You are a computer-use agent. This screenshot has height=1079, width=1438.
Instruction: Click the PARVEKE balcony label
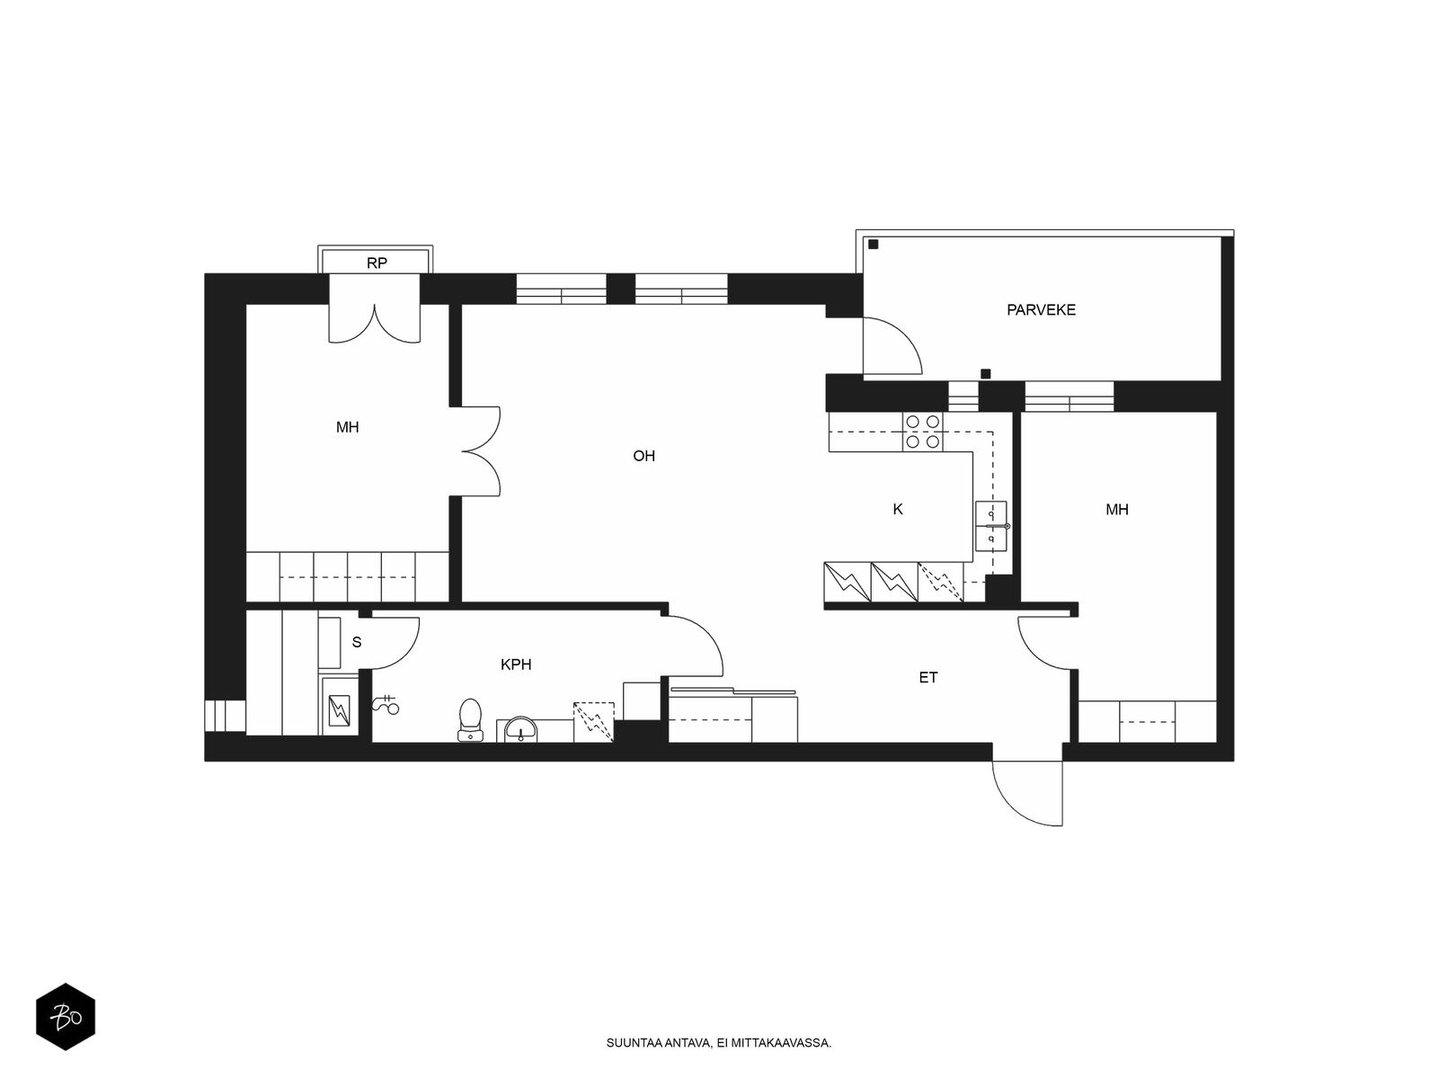[x=1041, y=310]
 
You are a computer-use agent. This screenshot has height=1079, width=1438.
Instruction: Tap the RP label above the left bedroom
[x=377, y=263]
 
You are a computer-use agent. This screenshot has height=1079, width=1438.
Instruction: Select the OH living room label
[x=644, y=456]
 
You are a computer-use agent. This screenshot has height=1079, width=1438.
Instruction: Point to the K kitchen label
[x=898, y=509]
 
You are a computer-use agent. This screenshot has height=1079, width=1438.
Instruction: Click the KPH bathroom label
[x=516, y=664]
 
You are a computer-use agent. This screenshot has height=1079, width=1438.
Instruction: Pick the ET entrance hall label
[x=928, y=677]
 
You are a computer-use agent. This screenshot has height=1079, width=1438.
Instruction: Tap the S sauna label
[x=357, y=642]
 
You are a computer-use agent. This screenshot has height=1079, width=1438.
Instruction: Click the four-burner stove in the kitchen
[x=923, y=432]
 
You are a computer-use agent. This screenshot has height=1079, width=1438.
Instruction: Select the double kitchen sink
[x=991, y=526]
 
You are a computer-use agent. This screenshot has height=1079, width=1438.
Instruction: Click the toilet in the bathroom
[x=470, y=719]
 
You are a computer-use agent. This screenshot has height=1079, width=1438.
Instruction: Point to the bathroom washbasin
[x=520, y=728]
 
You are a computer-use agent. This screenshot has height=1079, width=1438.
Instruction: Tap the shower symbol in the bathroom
[x=386, y=704]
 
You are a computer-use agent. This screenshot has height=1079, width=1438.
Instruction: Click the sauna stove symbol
[x=340, y=710]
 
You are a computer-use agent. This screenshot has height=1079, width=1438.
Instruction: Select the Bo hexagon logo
[x=66, y=1017]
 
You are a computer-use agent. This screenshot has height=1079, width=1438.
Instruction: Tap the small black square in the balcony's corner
[x=873, y=245]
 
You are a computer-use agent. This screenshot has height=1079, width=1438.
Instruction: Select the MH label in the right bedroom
[x=1117, y=510]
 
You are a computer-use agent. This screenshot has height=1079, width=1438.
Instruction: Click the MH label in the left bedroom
[x=347, y=428]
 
